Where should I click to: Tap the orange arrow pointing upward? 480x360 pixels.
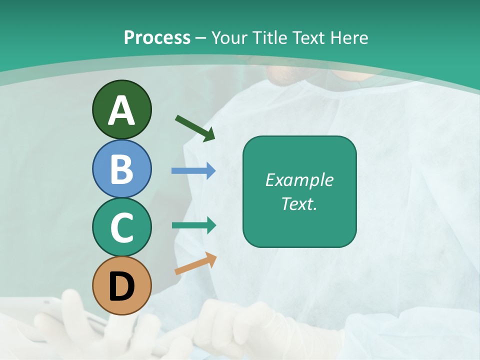(x=195, y=263)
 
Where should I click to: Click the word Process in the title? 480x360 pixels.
(x=157, y=37)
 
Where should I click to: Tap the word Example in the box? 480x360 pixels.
(x=299, y=180)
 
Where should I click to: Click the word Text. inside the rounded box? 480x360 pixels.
(x=299, y=204)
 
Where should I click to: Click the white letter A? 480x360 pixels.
(x=121, y=110)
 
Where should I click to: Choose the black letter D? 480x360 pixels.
(x=121, y=286)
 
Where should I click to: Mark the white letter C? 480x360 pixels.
(x=121, y=228)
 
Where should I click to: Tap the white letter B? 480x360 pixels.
(x=121, y=169)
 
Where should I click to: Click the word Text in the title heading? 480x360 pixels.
(x=306, y=37)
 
